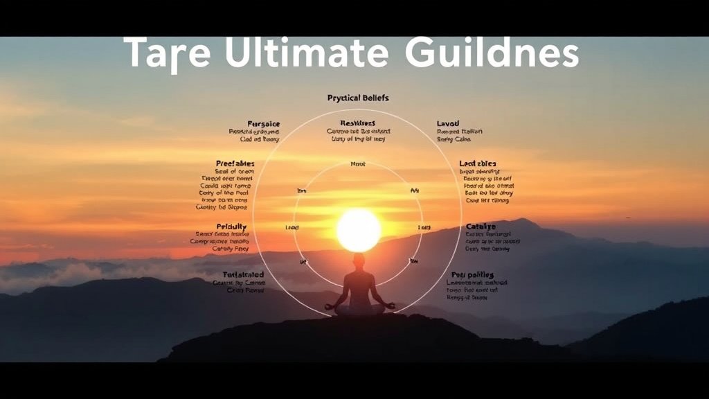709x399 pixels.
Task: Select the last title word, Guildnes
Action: (x=492, y=54)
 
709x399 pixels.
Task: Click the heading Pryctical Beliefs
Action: (x=359, y=98)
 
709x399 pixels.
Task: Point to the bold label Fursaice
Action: (x=264, y=123)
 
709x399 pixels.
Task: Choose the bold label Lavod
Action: (x=448, y=123)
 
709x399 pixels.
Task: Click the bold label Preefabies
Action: (x=235, y=163)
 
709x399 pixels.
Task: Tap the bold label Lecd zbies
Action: (x=478, y=163)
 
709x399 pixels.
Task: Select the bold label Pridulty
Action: (x=232, y=227)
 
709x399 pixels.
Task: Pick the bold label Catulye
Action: (x=481, y=227)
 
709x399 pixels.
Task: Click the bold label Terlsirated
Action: (x=243, y=275)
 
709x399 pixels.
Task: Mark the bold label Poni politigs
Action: (x=472, y=275)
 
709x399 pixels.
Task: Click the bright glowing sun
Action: (x=359, y=230)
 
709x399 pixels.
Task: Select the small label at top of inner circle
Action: (x=359, y=164)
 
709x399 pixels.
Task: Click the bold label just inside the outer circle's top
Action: (x=359, y=123)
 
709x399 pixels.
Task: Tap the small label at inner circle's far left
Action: (x=291, y=227)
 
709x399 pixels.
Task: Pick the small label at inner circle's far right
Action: (x=424, y=227)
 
